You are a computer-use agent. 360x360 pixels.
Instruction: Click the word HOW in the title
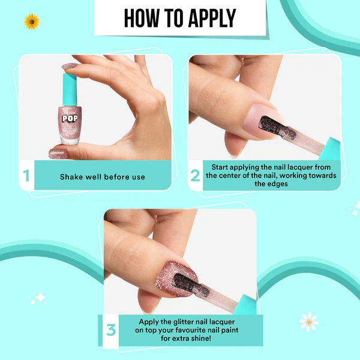[142, 19]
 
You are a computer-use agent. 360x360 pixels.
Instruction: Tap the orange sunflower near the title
[31, 22]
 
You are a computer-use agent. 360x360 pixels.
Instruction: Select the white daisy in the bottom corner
[308, 321]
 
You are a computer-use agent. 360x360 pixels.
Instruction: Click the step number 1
[26, 176]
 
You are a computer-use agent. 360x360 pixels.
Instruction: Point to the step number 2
[195, 176]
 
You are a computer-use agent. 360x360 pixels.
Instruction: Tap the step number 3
[110, 330]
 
